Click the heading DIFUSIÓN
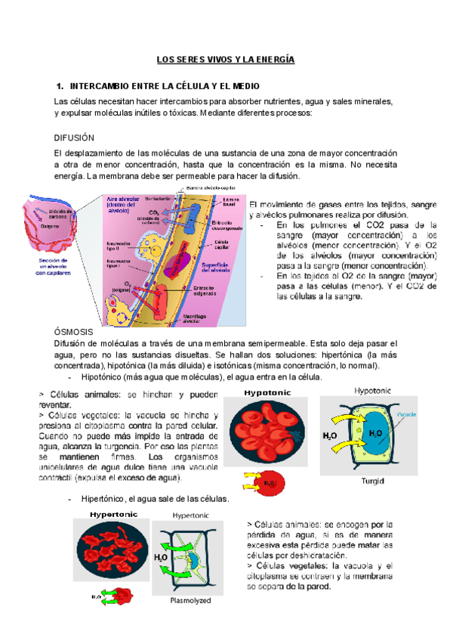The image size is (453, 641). tap(75, 138)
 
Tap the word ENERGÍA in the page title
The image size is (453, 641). tap(272, 59)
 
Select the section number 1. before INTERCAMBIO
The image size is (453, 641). tap(60, 85)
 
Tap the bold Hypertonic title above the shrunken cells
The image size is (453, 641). tap(114, 515)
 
